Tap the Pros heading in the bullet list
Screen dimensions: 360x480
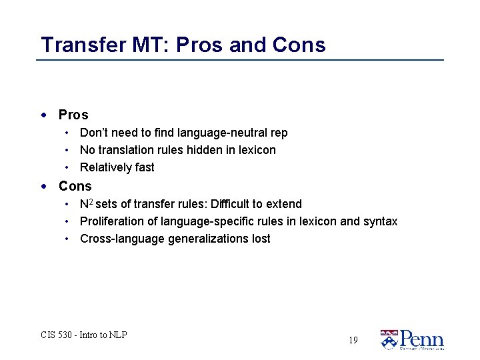point(73,115)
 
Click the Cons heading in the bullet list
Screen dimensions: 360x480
point(75,186)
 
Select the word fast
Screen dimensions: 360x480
point(143,167)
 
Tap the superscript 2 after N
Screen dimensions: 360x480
point(91,201)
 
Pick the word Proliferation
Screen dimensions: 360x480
point(111,221)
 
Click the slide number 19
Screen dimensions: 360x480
point(353,340)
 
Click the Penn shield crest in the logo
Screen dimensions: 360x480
point(389,340)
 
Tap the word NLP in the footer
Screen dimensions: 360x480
point(117,335)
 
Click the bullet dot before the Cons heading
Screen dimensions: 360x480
point(44,186)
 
